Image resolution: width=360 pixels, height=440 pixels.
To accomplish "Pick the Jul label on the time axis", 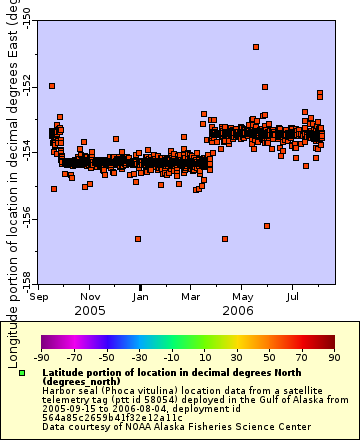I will pos(293,296).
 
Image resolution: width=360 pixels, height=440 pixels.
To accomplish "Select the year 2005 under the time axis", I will pos(91,310).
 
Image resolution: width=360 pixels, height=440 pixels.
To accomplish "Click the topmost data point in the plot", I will pos(256,47).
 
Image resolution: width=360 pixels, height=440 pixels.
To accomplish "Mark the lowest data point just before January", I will pos(138,238).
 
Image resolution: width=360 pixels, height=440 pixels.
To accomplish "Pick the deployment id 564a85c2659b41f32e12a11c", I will pos(99,417).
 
